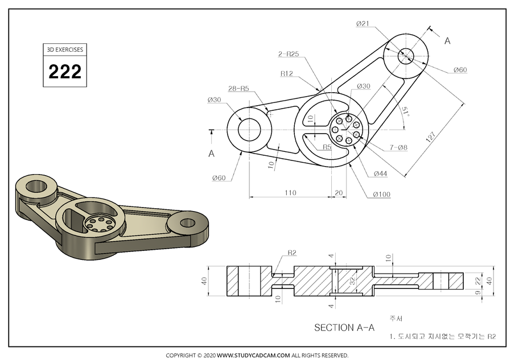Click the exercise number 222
click(x=64, y=72)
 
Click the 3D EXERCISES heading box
click(x=64, y=49)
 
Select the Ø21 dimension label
click(x=364, y=23)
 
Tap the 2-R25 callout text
click(x=289, y=54)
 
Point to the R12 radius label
click(x=287, y=74)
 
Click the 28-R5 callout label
click(x=238, y=89)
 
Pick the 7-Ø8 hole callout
click(x=398, y=148)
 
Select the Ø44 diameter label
click(x=381, y=173)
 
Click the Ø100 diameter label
click(x=381, y=195)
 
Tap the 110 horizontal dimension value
click(x=290, y=193)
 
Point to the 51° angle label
click(x=405, y=111)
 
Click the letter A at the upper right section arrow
click(x=447, y=40)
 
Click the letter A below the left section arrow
click(x=211, y=153)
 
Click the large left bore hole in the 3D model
click(x=37, y=185)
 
